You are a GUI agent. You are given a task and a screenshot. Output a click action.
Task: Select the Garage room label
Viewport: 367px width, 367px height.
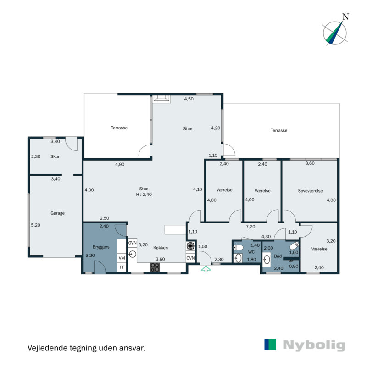pos(58,213)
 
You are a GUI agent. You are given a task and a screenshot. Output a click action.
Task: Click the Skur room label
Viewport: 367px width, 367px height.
pos(56,156)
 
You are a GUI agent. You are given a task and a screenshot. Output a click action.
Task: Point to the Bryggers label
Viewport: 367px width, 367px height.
pos(101,247)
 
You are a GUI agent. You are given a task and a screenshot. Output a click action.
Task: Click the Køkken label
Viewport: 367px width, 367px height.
pos(161,248)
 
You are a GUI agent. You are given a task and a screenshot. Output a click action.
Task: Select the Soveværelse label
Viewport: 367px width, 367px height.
pos(310,191)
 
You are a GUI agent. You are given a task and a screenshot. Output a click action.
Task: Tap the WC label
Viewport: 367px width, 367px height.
pos(251,252)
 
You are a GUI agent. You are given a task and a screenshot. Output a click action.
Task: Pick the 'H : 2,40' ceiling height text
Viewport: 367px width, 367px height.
pos(144,195)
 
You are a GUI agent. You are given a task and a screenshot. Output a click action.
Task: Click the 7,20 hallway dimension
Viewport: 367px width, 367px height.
pos(250,227)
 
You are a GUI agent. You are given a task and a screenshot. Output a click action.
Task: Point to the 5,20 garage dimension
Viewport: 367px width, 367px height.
pos(36,225)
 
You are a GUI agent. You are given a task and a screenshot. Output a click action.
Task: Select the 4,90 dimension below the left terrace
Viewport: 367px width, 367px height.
pos(119,164)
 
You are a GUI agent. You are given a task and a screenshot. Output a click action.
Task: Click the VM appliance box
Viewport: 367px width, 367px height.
pos(122,258)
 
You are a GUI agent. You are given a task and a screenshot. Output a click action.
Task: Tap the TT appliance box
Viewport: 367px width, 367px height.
pos(122,267)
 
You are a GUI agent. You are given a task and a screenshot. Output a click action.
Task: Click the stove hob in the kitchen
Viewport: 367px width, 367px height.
pos(155,267)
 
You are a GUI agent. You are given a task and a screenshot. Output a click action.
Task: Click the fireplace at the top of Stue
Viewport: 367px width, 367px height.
pos(161,97)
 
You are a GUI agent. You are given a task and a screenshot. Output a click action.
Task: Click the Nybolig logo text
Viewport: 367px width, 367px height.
pos(314,345)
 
